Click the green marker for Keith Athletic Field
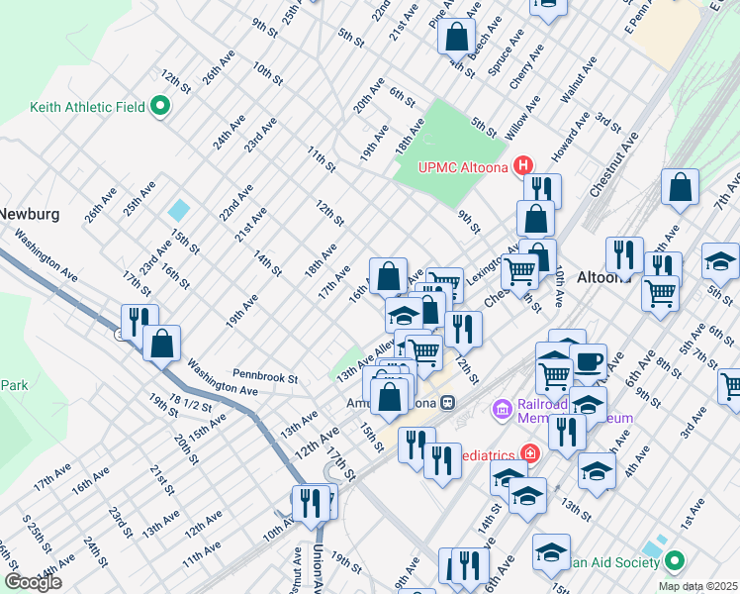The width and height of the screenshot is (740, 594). click(157, 107)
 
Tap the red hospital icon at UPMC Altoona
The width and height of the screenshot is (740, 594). click(524, 165)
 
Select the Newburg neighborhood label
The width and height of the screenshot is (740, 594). click(30, 214)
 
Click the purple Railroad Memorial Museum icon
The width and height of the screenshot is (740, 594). click(502, 408)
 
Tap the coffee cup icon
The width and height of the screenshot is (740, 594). click(588, 361)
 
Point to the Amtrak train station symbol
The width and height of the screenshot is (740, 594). click(448, 403)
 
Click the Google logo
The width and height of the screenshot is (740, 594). click(33, 582)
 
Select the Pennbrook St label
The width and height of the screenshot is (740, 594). click(265, 377)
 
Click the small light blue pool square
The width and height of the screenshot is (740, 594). click(179, 211)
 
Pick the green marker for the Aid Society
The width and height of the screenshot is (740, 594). click(675, 562)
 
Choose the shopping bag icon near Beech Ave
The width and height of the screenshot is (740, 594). click(457, 38)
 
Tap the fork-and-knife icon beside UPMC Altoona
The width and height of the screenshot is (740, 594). click(542, 190)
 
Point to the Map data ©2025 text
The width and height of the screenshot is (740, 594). click(697, 586)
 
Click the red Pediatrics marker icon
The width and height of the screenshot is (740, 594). click(530, 454)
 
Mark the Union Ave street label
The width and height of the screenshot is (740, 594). click(318, 562)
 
